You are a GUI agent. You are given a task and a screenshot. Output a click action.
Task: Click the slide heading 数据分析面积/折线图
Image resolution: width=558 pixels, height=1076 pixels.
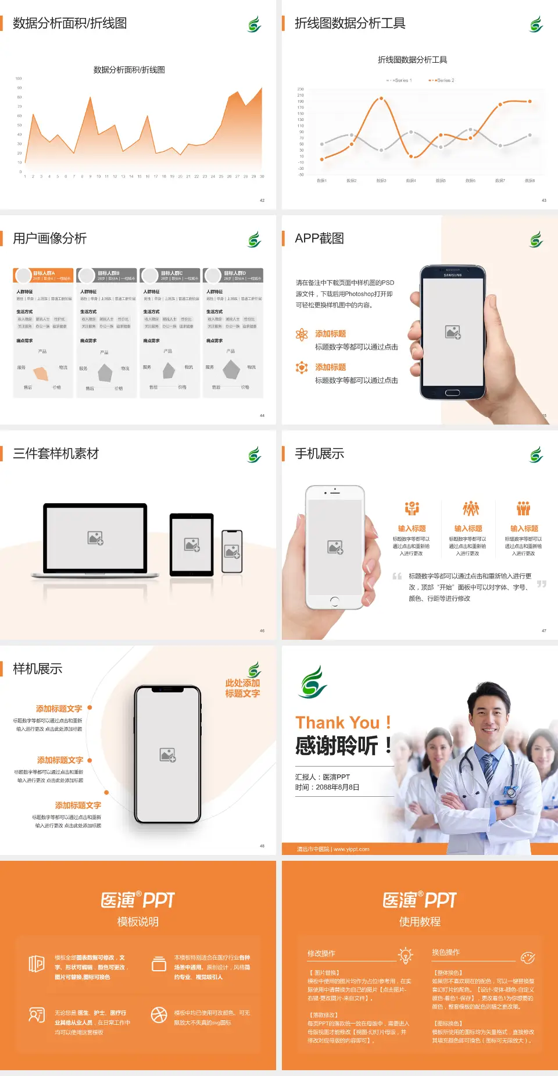[x=70, y=23]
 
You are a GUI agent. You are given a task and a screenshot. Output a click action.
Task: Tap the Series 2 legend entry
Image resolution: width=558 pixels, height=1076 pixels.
[x=443, y=80]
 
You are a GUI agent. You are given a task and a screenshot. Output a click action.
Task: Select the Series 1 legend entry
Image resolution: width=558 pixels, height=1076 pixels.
[x=400, y=80]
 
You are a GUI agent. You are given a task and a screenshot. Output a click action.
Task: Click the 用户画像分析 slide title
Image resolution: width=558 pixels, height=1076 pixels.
[x=50, y=238]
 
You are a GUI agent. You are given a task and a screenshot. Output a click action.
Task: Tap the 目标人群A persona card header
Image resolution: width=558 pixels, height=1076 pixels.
[x=44, y=275]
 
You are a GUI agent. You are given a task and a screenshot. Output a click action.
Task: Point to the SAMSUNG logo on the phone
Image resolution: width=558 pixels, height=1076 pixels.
[x=453, y=275]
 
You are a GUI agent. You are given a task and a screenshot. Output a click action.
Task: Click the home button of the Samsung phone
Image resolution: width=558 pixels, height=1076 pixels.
[x=452, y=393]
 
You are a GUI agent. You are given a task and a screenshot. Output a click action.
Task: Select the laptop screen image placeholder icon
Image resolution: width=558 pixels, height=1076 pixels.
[x=95, y=538]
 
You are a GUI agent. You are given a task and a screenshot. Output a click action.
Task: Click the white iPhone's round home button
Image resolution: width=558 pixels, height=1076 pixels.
[x=334, y=601]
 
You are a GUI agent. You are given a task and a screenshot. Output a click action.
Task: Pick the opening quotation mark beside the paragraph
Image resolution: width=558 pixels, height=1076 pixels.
[x=397, y=576]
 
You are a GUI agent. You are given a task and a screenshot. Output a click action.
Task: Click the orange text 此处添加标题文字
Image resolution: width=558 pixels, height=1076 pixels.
[x=242, y=688]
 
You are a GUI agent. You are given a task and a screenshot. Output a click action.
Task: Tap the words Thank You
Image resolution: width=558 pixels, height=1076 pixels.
[x=337, y=723]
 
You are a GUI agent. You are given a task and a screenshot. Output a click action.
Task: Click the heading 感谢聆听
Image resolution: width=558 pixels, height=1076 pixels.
[x=337, y=746]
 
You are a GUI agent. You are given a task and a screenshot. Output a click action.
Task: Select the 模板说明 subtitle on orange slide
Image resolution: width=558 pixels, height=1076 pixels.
[x=138, y=922]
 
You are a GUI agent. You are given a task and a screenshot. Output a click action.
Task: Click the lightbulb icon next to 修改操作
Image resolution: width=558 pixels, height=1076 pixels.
[x=405, y=955]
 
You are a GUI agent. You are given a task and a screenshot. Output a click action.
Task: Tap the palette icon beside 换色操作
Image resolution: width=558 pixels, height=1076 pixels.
[x=528, y=957]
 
